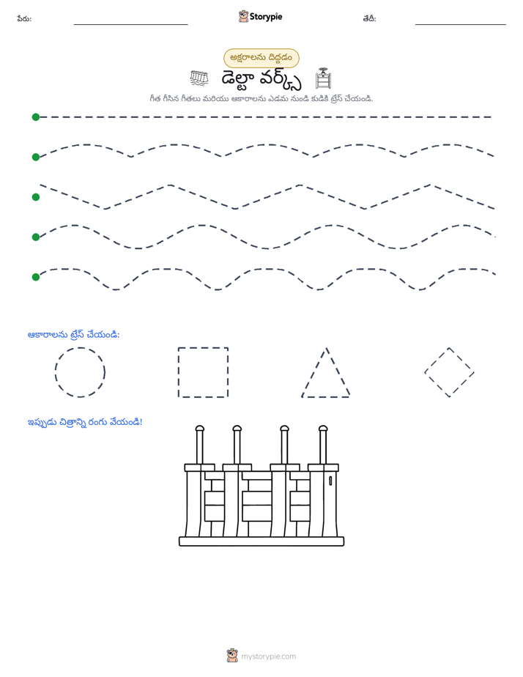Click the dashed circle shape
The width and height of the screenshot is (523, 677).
pos(55,372)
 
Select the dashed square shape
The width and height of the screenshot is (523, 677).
pos(178,372)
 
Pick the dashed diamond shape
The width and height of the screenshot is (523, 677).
pos(437,359)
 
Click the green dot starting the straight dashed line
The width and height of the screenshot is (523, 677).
pos(36,117)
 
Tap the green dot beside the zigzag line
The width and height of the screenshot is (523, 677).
pos(36,197)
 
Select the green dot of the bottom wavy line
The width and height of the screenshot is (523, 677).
pos(36,277)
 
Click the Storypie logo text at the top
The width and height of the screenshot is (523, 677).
pos(266,17)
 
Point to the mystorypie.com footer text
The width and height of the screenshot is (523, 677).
pos(268,656)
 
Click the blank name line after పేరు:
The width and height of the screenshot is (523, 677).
pos(130,24)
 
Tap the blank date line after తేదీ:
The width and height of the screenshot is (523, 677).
pos(461,24)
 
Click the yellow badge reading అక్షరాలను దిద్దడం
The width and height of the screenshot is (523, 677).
pos(261,58)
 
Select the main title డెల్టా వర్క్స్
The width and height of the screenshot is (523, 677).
pos(261,79)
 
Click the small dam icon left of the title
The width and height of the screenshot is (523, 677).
pos(199,78)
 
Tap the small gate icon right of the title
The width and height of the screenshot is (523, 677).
pos(323,78)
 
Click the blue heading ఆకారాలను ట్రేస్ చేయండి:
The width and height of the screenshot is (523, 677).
pos(73,335)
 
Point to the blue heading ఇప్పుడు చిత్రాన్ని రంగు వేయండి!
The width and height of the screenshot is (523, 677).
pos(84,422)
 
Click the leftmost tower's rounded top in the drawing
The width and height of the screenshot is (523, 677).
pos(199,429)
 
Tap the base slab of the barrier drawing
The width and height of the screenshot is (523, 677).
pos(261,541)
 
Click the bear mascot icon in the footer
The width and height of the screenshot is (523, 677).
pos(232,656)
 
